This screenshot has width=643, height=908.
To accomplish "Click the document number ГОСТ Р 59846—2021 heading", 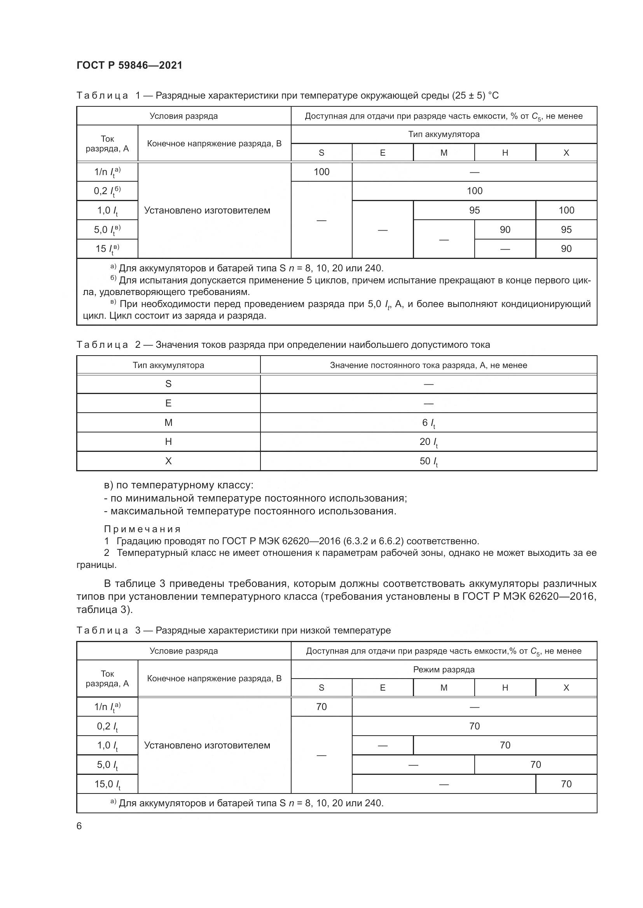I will (x=129, y=65).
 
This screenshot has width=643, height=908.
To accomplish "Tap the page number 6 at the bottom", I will (x=79, y=826).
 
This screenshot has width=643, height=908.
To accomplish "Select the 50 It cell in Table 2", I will (x=428, y=461).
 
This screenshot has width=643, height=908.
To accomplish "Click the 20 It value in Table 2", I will (x=428, y=442).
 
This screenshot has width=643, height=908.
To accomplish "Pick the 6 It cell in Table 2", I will (x=428, y=423).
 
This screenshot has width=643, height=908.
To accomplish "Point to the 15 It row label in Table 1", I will (x=107, y=249).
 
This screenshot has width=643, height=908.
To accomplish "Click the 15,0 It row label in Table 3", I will (x=107, y=784).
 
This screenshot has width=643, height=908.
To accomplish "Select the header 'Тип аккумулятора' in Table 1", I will (x=444, y=134).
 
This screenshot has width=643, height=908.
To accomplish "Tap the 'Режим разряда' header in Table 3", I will (x=444, y=670).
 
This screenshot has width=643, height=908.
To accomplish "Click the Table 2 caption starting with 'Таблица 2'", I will (x=283, y=345).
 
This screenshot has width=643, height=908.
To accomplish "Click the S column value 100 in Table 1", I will (x=321, y=172).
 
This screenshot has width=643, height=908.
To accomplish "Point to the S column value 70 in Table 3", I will (x=321, y=707).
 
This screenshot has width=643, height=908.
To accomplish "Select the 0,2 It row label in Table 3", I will (x=107, y=726).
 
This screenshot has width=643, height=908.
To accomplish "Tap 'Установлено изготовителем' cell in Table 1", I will (x=207, y=210).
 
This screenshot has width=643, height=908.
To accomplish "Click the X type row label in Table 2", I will (x=168, y=461).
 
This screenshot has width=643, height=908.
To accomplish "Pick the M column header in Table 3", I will (x=444, y=688).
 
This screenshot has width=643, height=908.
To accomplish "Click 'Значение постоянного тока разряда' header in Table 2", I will (x=428, y=365).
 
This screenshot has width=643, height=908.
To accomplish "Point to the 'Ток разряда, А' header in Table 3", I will (x=107, y=679).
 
